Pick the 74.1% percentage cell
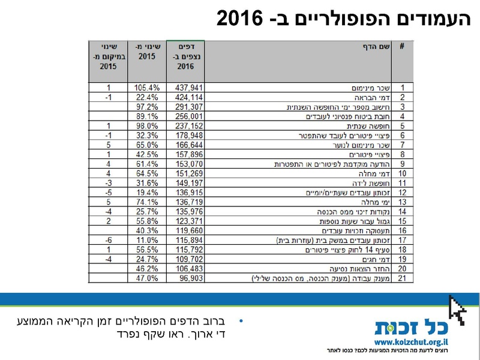(146, 203)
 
